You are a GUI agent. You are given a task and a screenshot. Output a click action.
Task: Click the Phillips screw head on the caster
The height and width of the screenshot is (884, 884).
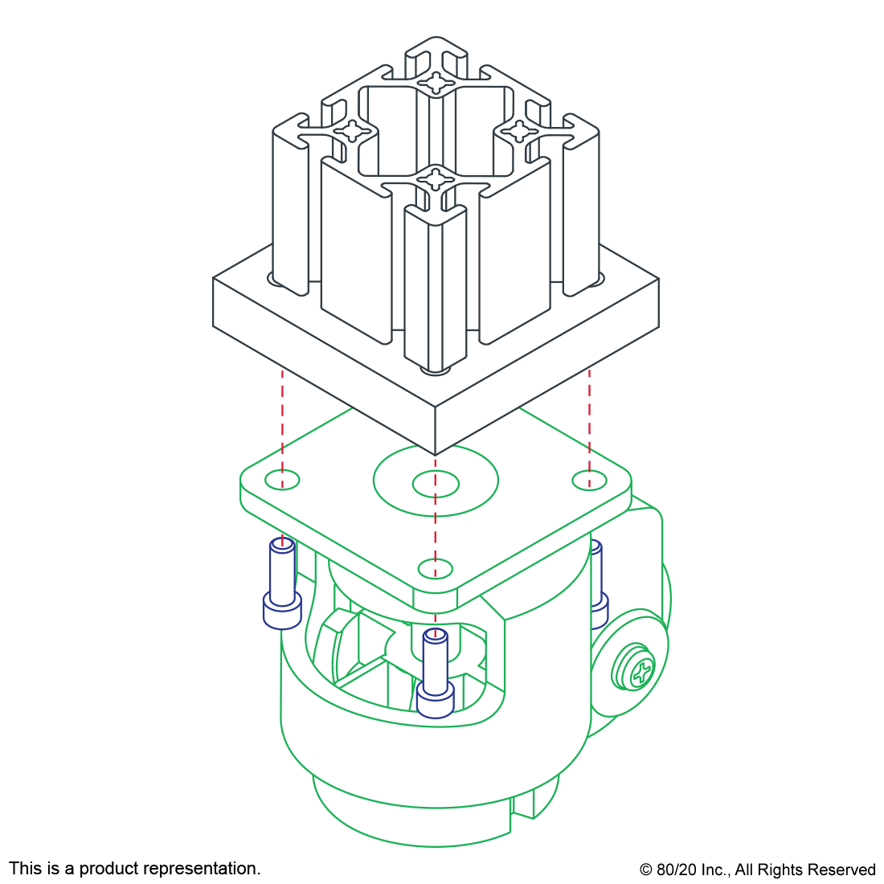[x=634, y=666]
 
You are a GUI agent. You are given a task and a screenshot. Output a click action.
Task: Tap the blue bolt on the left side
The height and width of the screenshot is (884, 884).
[x=282, y=583]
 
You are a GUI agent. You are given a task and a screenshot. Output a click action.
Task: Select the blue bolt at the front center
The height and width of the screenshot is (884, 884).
[x=436, y=673]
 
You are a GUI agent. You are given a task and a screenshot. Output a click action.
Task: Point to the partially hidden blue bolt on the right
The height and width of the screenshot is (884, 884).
[x=599, y=584]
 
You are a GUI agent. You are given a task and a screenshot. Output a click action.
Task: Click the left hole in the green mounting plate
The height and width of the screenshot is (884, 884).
[x=282, y=480]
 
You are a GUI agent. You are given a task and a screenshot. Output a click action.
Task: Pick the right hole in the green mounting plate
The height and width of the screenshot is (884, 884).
[x=589, y=481]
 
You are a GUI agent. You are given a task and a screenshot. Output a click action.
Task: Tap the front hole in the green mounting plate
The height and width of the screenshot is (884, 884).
[x=436, y=568]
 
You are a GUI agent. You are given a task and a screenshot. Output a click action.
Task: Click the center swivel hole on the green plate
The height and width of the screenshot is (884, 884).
[x=436, y=483]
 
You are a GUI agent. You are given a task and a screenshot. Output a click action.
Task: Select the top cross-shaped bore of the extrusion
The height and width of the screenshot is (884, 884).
[x=436, y=82]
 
